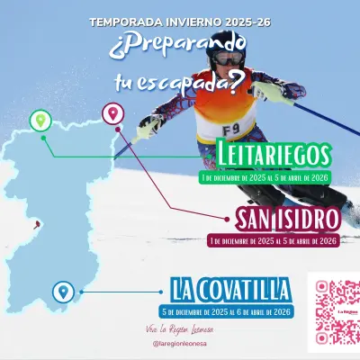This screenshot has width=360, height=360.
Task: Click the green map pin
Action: [39, 120]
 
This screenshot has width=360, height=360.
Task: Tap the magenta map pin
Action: [112, 113]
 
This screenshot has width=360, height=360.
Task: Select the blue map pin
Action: [62, 291]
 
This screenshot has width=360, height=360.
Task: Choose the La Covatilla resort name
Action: [229, 291]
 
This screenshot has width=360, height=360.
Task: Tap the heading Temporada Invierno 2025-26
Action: [180, 20]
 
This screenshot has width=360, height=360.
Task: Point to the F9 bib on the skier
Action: [231, 129]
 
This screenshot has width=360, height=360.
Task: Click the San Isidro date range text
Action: [272, 240]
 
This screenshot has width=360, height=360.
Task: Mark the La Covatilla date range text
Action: [224, 311]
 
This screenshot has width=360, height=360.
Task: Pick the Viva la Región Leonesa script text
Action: [178, 329]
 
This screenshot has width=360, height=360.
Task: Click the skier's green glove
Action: [271, 92]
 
